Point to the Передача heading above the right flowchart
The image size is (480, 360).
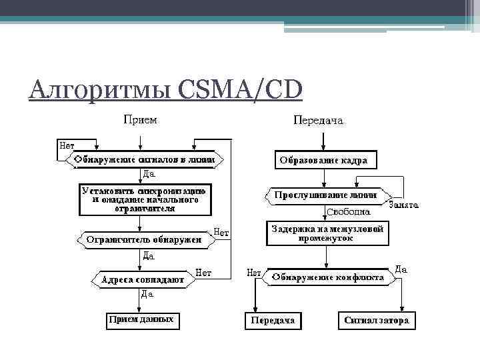pyautogui.click(x=318, y=121)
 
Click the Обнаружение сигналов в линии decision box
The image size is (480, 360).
pyautogui.click(x=145, y=160)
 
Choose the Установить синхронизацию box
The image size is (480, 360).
pyautogui.click(x=145, y=199)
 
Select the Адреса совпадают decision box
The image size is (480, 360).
pyautogui.click(x=142, y=280)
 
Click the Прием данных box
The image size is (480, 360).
pyautogui.click(x=141, y=319)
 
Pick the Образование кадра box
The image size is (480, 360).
pyautogui.click(x=323, y=161)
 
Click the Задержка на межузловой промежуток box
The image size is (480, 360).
pyautogui.click(x=327, y=233)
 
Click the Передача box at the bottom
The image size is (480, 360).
pyautogui.click(x=272, y=321)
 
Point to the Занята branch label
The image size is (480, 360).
pyautogui.click(x=403, y=205)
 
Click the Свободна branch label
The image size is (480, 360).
pyautogui.click(x=348, y=211)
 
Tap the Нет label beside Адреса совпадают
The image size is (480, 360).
pyautogui.click(x=203, y=273)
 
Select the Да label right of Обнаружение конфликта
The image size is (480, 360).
pyautogui.click(x=401, y=269)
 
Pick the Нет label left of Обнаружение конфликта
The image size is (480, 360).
pyautogui.click(x=254, y=273)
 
